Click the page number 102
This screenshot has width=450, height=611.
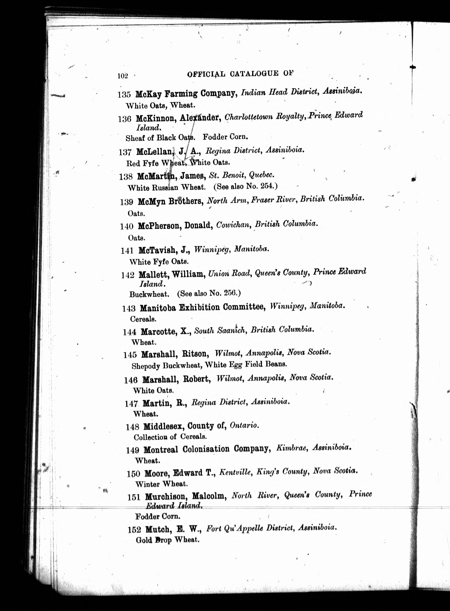point(123,76)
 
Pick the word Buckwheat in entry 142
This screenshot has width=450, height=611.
point(149,294)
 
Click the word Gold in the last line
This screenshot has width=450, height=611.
point(144,540)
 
